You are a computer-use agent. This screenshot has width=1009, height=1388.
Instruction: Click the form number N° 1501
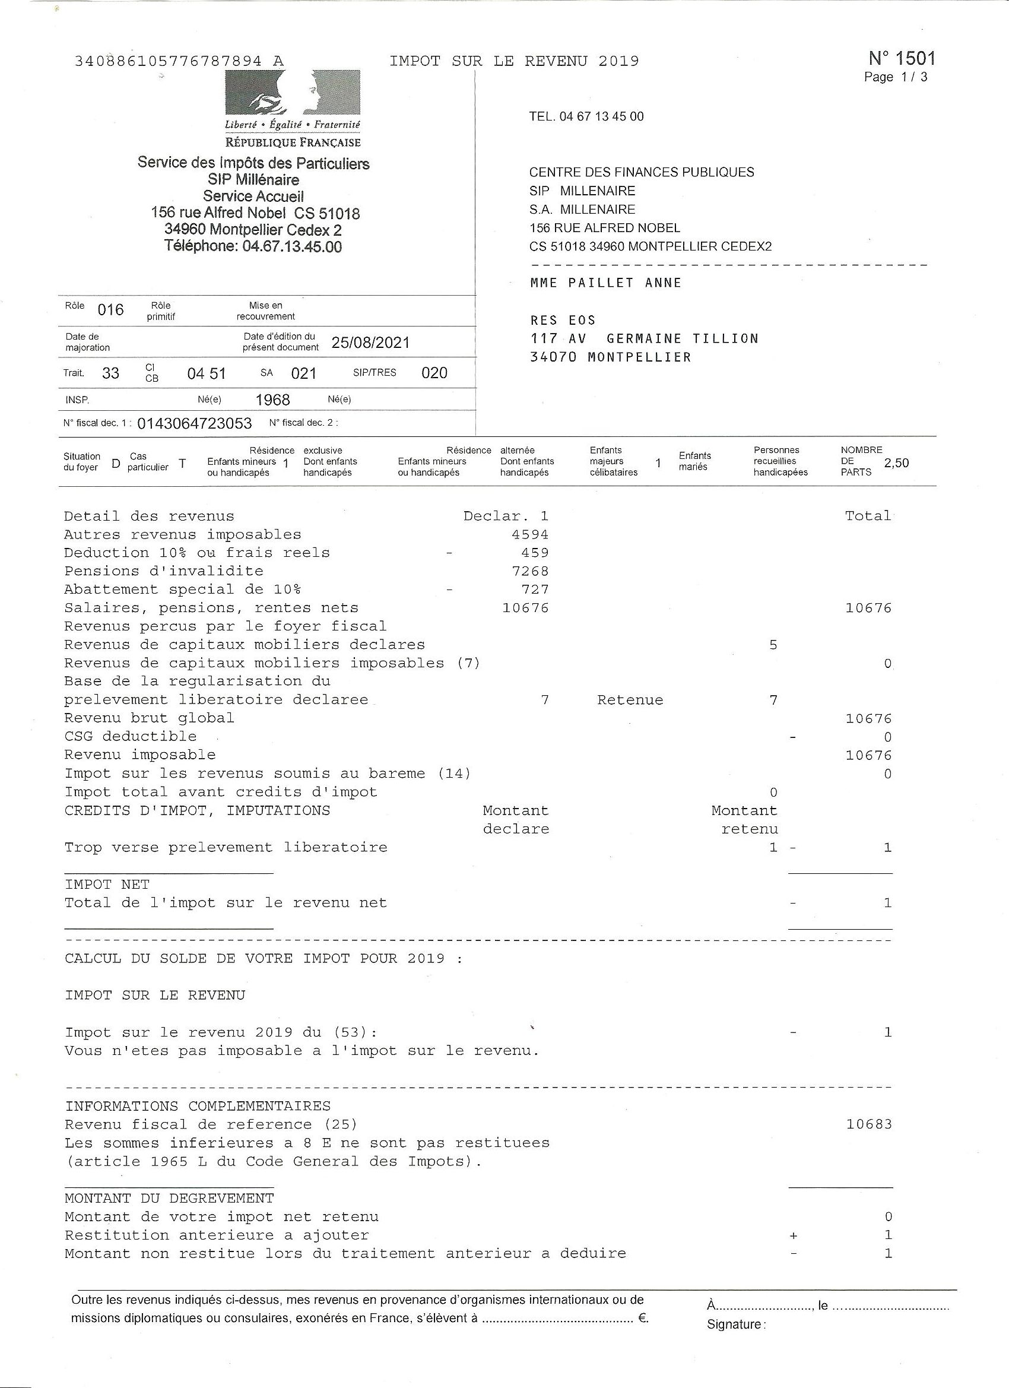point(902,59)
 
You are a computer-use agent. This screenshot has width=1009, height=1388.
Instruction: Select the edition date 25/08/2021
point(370,342)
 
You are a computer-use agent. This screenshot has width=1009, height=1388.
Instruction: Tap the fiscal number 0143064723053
point(195,423)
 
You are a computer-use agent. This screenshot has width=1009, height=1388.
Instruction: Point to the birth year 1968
point(272,400)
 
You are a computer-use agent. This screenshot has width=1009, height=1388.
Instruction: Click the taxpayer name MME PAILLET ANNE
point(605,283)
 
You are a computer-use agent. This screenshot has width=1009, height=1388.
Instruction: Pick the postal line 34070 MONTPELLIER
point(610,357)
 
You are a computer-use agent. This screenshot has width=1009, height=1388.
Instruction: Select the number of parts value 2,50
point(896,463)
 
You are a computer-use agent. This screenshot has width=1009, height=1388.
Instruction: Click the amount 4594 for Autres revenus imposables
point(530,534)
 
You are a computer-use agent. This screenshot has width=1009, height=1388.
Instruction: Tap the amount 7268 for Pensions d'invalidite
point(530,571)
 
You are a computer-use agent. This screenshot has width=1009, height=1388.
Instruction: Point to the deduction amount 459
point(535,553)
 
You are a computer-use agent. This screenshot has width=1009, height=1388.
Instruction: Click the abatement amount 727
point(535,590)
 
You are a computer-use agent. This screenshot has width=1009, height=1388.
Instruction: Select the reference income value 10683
point(869,1124)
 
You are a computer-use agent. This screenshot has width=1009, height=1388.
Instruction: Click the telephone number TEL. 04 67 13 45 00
point(586,117)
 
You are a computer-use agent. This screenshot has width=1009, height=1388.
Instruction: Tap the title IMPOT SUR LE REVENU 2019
point(514,61)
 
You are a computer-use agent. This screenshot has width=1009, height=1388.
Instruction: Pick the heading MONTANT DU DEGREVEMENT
point(169,1198)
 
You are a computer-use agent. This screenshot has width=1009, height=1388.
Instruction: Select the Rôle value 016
point(111,310)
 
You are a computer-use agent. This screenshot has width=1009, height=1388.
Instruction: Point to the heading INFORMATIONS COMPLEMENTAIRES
point(198,1106)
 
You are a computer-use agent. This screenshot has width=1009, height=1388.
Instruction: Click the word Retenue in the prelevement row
point(630,700)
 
